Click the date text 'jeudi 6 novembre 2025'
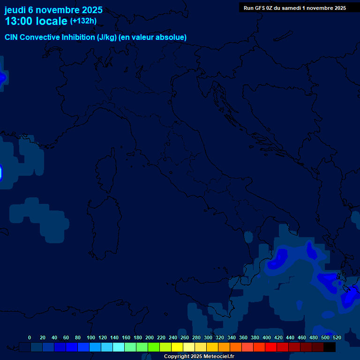[x=53, y=10]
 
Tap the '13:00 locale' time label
[x=36, y=21]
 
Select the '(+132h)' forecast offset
[x=83, y=21]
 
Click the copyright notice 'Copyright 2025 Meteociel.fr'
[x=199, y=356]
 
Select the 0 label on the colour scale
[x=30, y=337]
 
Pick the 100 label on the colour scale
[x=91, y=337]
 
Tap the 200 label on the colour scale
[x=150, y=337]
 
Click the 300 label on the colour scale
[x=208, y=337]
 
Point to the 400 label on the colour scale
[x=267, y=337]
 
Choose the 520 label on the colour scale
[x=337, y=337]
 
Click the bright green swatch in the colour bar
[x=154, y=347]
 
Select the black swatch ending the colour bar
[x=330, y=347]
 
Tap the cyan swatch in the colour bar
[x=119, y=347]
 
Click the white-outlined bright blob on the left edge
[x=1, y=172]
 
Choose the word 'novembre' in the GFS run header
[x=320, y=8]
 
